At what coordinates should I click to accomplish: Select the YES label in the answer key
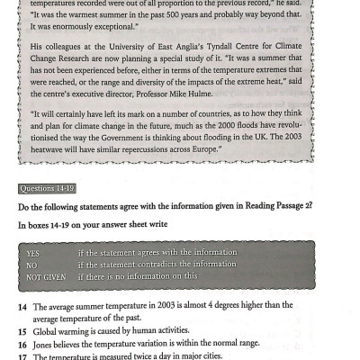[x=35, y=253]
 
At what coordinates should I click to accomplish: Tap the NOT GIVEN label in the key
[x=46, y=276]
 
